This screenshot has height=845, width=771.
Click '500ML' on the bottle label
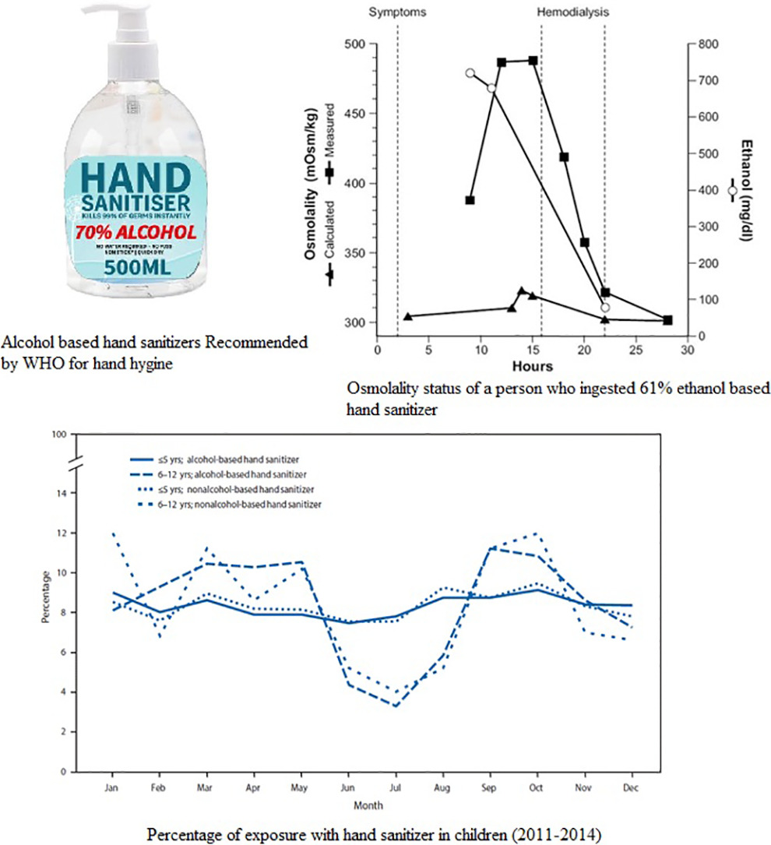pos(136,269)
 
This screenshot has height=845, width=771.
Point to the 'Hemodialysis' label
pos(572,13)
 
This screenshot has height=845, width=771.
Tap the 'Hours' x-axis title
pos(532,366)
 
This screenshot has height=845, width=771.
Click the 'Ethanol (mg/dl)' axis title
pos(745,192)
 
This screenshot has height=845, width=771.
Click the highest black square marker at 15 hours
pos(533,60)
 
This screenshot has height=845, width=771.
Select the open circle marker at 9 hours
pos(470,73)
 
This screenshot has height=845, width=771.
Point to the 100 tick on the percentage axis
pos(58,434)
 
